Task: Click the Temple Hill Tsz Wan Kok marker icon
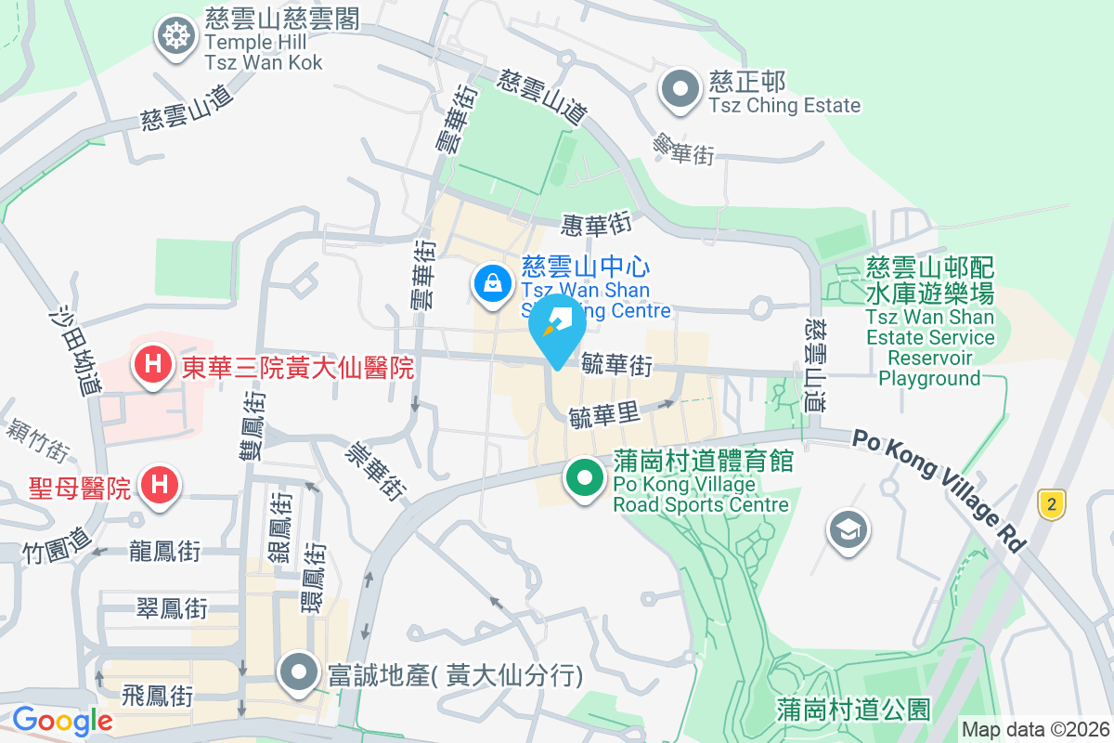[175, 37]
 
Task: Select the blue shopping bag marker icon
[491, 281]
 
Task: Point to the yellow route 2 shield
[1051, 504]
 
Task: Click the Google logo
[62, 720]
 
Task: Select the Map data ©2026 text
[1035, 730]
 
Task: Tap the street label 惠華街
[596, 224]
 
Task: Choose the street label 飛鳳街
[157, 695]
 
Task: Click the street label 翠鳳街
[172, 608]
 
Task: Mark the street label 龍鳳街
[165, 551]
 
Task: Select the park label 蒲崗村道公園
[853, 710]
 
